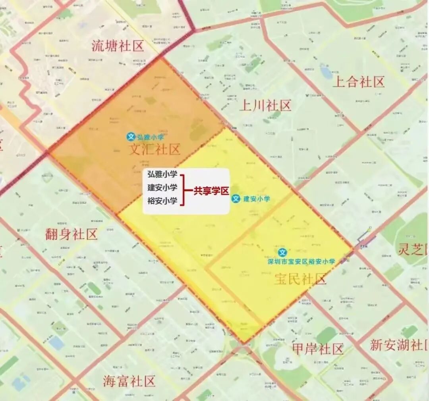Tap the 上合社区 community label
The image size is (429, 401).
358,82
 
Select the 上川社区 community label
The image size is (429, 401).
265,106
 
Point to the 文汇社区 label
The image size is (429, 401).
155,149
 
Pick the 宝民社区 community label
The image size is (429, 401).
300,279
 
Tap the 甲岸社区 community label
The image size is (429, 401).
317,349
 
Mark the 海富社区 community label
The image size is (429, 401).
129,382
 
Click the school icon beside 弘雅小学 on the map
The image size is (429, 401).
131,137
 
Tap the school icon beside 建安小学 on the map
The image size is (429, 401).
236,198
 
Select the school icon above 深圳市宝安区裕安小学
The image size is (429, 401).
282,253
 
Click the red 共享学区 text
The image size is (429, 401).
211,191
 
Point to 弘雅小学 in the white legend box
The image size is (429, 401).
162,175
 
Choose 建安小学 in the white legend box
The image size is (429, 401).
162,188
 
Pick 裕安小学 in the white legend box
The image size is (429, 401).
162,201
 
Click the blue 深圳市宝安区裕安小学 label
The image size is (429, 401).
301,262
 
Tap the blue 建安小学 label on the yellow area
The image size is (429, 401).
256,199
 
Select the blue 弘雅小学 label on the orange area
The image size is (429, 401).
151,137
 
